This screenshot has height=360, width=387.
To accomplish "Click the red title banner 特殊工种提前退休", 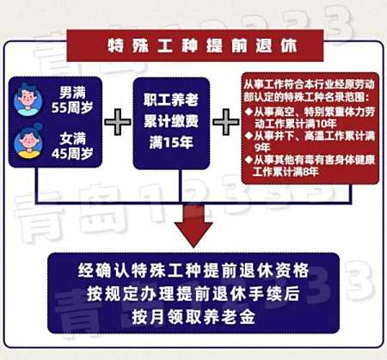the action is tap(195, 46).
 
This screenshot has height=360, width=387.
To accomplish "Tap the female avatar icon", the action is tap(28, 143).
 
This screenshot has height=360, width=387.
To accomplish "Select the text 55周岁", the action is tap(72, 108).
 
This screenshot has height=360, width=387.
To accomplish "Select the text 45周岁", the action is tap(72, 154).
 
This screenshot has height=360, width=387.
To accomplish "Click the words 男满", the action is tap(72, 93).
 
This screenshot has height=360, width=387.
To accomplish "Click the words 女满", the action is tap(73, 138).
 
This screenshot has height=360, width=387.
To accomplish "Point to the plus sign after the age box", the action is tap(118, 122).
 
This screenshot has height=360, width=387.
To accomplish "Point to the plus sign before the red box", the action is tap(226, 122).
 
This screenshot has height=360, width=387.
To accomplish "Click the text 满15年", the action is tap(171, 143).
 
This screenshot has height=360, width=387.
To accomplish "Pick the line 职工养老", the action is tap(171, 100).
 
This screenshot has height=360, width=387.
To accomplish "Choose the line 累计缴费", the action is tap(171, 121).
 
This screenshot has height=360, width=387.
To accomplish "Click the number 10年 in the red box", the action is tap(327, 124).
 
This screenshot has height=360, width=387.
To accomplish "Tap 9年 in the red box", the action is tap(262, 148).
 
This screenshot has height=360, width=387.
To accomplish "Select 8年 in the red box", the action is tap(310, 172).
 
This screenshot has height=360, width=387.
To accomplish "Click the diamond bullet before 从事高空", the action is tap(249, 111).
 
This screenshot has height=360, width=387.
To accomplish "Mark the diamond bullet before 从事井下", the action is tap(249, 135).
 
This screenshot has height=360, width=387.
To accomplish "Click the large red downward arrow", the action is tap(193, 226).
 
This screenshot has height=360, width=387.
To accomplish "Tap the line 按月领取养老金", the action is tap(193, 317).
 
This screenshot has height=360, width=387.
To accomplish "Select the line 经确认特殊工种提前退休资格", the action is tap(193, 270).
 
